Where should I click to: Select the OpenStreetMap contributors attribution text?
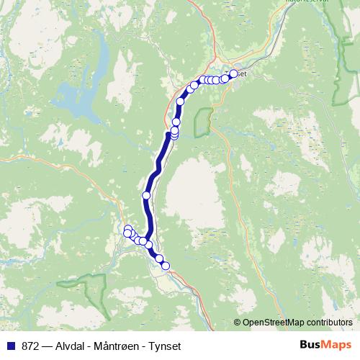tap(298, 323)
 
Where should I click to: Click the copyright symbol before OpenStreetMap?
tap(238, 323)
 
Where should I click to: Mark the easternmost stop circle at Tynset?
tap(233, 73)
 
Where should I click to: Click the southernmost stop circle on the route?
tap(166, 266)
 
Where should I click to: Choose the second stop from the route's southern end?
tap(159, 258)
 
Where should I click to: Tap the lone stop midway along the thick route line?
tap(147, 195)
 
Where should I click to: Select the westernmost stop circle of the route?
tap(127, 233)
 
